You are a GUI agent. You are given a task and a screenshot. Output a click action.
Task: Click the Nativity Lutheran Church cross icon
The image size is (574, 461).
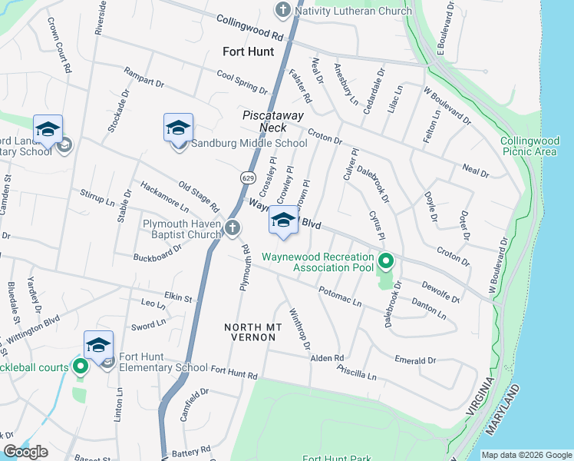(282, 11)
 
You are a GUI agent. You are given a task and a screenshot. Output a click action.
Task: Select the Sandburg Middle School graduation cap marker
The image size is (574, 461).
(178, 128)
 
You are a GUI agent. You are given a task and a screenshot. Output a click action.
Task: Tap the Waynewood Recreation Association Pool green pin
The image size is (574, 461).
(386, 262)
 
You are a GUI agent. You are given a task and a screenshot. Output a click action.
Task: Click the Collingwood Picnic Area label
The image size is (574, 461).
(528, 146)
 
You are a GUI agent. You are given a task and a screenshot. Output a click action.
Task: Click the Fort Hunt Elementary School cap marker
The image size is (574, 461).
(99, 345)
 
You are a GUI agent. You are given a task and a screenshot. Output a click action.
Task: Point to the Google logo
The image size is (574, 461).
(26, 452)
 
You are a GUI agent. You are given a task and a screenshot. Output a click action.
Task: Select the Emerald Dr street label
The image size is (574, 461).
(414, 359)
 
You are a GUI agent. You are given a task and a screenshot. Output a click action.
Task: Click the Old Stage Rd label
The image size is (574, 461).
(198, 196)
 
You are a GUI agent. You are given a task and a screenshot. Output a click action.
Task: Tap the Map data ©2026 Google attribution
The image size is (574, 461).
(526, 455)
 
